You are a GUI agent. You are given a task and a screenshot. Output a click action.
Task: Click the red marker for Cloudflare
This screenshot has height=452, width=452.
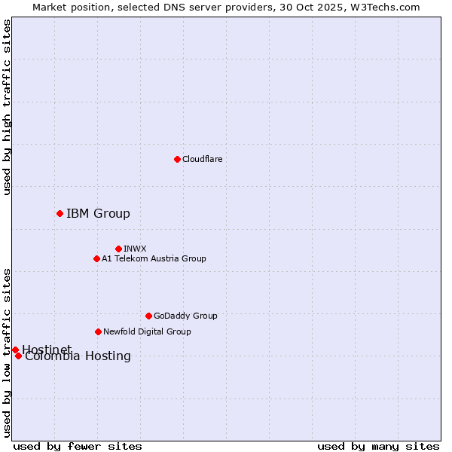[x=177, y=159]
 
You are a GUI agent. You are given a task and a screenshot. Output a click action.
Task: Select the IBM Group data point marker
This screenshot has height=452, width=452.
[x=60, y=213]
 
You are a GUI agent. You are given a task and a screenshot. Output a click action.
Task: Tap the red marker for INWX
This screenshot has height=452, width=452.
[x=118, y=249]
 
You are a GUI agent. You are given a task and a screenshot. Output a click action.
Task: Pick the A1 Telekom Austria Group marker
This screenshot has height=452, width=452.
[x=96, y=258]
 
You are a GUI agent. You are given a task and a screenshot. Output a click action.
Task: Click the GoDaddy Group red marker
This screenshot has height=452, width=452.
[x=148, y=316]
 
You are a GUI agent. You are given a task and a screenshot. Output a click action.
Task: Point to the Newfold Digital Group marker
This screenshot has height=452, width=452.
[x=98, y=331]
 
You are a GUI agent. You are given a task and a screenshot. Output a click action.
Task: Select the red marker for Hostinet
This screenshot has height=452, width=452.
[x=15, y=350]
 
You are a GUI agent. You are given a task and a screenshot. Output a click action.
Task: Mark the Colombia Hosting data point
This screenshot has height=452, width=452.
[x=18, y=356]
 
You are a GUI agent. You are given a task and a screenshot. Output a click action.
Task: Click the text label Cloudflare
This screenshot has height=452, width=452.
[x=202, y=159]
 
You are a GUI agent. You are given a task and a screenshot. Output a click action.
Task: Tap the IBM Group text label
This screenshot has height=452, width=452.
[x=98, y=213]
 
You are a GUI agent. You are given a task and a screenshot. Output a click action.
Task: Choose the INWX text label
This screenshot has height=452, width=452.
[x=135, y=249]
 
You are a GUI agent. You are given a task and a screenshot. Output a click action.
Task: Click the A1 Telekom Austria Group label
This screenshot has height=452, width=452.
[x=154, y=258]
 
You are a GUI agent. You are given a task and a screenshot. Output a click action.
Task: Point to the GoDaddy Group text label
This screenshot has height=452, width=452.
[x=185, y=316]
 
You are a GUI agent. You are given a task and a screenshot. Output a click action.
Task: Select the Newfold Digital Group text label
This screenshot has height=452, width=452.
[x=147, y=331]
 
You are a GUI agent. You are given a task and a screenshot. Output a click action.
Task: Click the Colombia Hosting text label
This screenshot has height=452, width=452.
[x=78, y=356]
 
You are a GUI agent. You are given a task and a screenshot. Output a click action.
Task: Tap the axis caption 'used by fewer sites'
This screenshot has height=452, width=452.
[x=78, y=446]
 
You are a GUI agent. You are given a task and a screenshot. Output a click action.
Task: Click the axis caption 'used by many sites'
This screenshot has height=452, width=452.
[x=378, y=446]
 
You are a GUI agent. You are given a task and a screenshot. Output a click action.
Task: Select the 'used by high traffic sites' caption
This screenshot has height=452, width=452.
[x=7, y=107]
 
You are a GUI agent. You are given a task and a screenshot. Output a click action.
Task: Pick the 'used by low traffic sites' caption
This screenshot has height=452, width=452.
[x=7, y=353]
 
